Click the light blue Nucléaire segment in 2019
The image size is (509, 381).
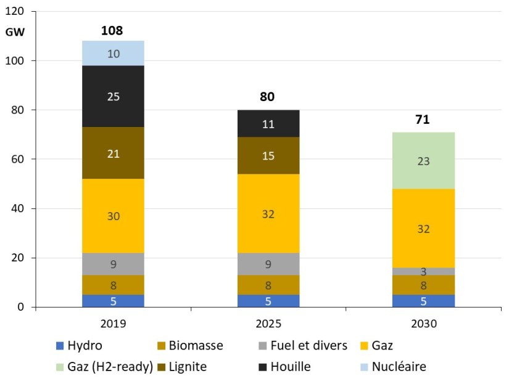(114, 53)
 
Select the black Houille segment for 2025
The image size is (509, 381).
(268, 123)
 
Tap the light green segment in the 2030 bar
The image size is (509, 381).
(423, 161)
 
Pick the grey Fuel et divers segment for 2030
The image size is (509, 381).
(423, 271)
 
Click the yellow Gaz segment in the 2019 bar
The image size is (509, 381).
(114, 216)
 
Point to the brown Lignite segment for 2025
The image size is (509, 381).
(268, 156)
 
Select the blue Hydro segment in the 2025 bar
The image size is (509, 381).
(268, 301)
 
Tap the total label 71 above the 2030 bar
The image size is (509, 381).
(423, 119)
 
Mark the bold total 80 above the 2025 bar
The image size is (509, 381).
(268, 97)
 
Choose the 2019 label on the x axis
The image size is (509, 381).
(114, 322)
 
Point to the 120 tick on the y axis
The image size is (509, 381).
(17, 12)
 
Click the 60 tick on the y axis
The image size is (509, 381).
(19, 159)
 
